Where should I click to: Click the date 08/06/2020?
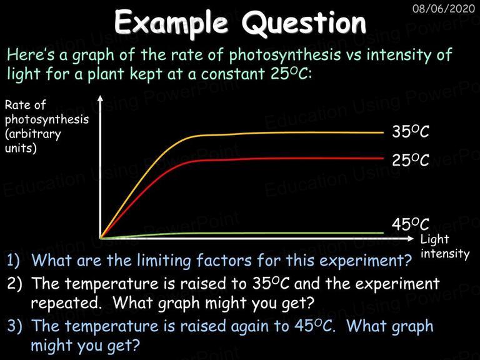pyautogui.click(x=444, y=8)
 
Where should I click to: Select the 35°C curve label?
pyautogui.click(x=411, y=132)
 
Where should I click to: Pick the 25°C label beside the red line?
pyautogui.click(x=411, y=160)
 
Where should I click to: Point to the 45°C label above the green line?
pyautogui.click(x=411, y=224)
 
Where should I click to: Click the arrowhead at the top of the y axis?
pyautogui.click(x=101, y=97)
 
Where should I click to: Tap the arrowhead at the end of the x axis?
pyautogui.click(x=411, y=238)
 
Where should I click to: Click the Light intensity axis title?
pyautogui.click(x=445, y=247)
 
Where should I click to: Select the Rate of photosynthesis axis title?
pyautogui.click(x=46, y=126)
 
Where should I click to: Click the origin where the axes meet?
pyautogui.click(x=101, y=238)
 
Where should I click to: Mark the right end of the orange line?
pyautogui.click(x=383, y=133)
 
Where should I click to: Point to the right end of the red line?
pyautogui.click(x=383, y=158)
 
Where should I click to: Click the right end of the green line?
pyautogui.click(x=383, y=233)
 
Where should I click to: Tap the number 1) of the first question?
pyautogui.click(x=14, y=260)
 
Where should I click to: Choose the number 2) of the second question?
pyautogui.click(x=14, y=284)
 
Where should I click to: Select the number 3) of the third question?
pyautogui.click(x=14, y=326)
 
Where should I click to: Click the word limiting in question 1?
pyautogui.click(x=164, y=261)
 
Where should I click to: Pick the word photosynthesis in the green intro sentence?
pyautogui.click(x=285, y=55)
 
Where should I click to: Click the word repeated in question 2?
pyautogui.click(x=66, y=303)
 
